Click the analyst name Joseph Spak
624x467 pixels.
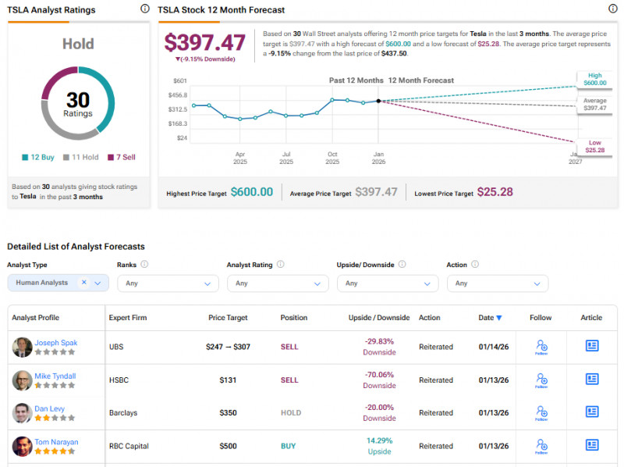(x=55, y=343)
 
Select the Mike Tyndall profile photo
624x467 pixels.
(x=22, y=380)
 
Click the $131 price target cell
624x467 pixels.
(x=228, y=380)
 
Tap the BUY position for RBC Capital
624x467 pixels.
(x=289, y=446)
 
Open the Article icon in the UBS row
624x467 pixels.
(x=592, y=346)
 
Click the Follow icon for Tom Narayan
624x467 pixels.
(x=541, y=446)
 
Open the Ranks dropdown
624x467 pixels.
(x=168, y=283)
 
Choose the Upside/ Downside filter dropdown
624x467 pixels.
(x=388, y=283)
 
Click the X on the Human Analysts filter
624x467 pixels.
(x=83, y=283)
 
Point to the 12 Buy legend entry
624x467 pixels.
(x=38, y=157)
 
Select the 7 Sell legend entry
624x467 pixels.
(x=121, y=157)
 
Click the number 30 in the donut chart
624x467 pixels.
(x=78, y=100)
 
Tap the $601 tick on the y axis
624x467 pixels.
(x=179, y=80)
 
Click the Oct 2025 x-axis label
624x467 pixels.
(x=332, y=158)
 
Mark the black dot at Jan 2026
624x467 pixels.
(x=378, y=101)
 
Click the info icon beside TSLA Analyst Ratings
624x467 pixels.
(x=144, y=9)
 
